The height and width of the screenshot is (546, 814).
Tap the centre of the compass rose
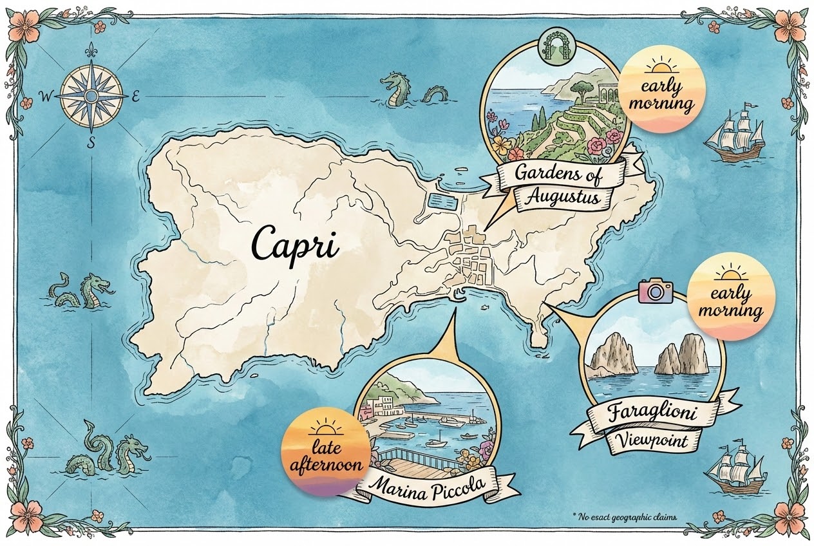[91, 96]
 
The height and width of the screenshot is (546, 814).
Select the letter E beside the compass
[135, 98]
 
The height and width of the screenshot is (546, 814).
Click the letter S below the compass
[91, 143]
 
